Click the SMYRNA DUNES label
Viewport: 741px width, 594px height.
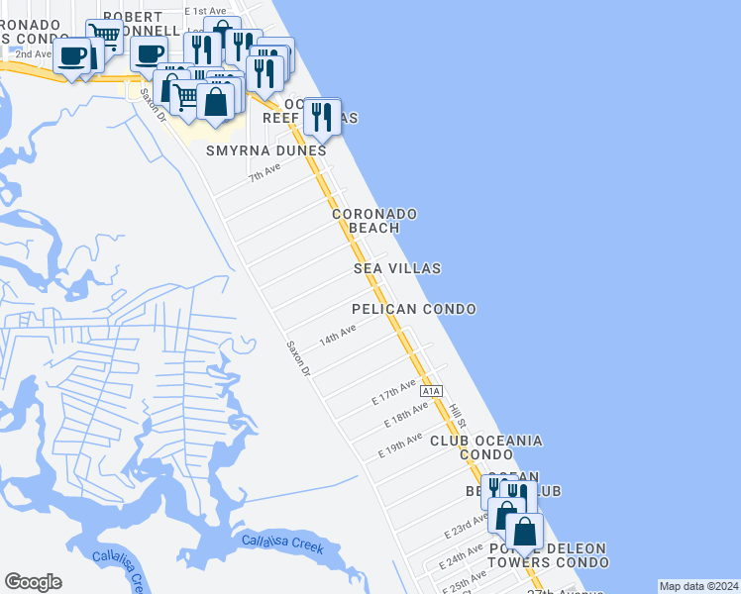[265, 151]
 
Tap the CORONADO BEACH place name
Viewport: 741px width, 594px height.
[373, 221]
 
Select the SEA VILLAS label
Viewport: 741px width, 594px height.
[397, 268]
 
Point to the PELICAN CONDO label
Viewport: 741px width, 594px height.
[414, 309]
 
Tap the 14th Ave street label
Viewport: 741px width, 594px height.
[337, 336]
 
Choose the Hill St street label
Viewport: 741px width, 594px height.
[457, 417]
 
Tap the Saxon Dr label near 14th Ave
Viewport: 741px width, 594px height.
[298, 358]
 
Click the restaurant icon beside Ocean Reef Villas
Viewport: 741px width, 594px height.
[322, 117]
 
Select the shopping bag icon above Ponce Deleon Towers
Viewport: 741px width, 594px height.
[524, 532]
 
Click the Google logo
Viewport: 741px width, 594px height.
[33, 582]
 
